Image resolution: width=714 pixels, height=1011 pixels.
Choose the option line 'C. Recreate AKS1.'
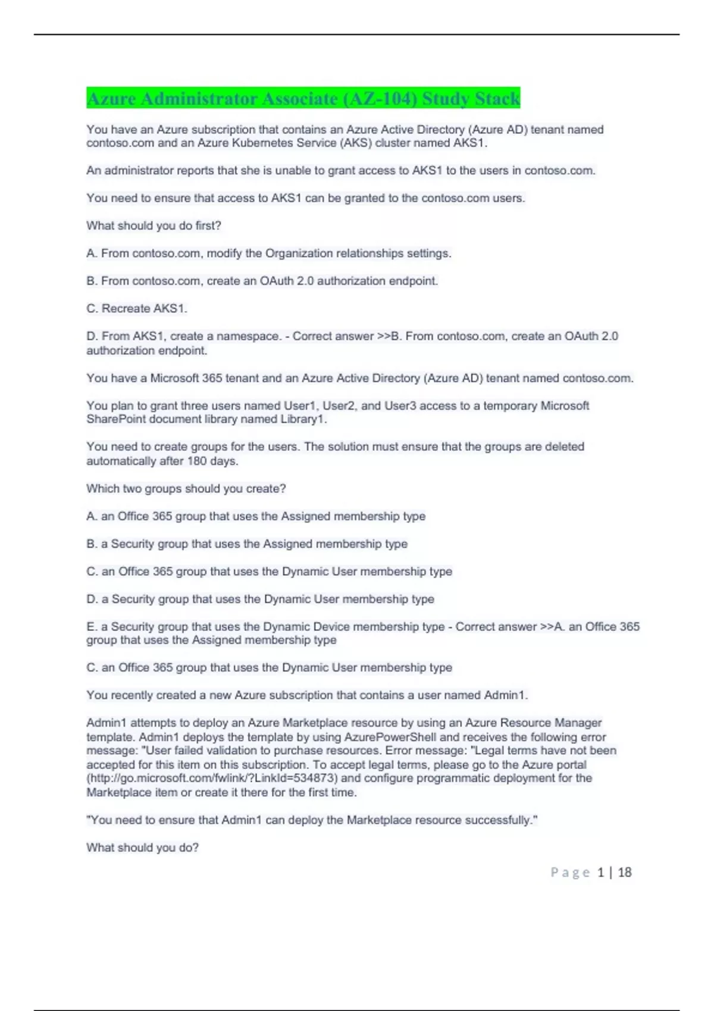pos(137,309)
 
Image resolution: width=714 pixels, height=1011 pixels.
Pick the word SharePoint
pos(115,420)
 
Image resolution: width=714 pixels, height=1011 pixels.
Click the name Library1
pos(303,420)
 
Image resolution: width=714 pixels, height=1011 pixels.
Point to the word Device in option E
pos(356,627)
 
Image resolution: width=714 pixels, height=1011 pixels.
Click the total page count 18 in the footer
pos(624,872)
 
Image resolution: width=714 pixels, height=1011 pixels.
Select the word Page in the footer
pos(570,872)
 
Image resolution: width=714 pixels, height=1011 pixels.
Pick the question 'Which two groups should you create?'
pos(186,489)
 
